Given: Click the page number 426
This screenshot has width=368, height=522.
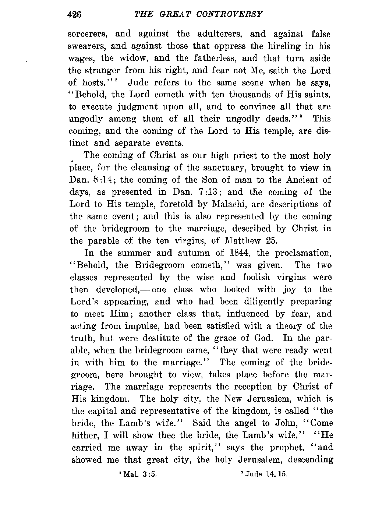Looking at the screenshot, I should click(75, 14).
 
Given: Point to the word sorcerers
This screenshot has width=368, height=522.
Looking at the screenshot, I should click(88, 34).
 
